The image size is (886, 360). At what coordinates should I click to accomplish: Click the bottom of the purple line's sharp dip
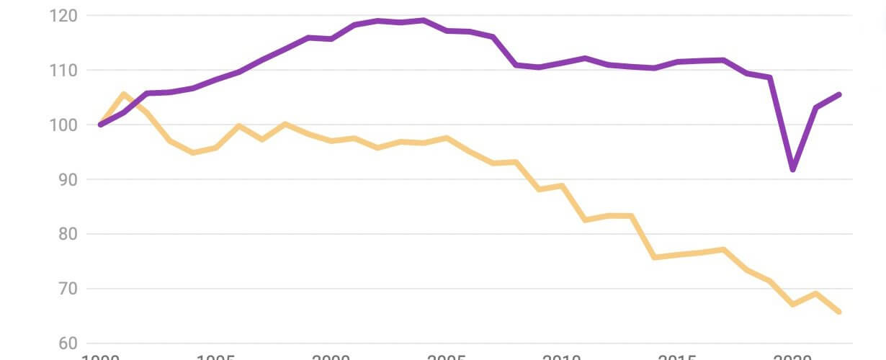(793, 170)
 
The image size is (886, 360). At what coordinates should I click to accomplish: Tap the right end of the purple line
(839, 94)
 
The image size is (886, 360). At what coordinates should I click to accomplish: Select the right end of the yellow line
(839, 312)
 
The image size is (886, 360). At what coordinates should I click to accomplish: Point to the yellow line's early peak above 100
(123, 94)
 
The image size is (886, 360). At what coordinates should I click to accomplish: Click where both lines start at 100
(101, 125)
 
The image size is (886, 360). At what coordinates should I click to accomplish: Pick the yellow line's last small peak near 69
(816, 293)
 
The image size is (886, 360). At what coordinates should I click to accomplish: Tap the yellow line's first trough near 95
(193, 153)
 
